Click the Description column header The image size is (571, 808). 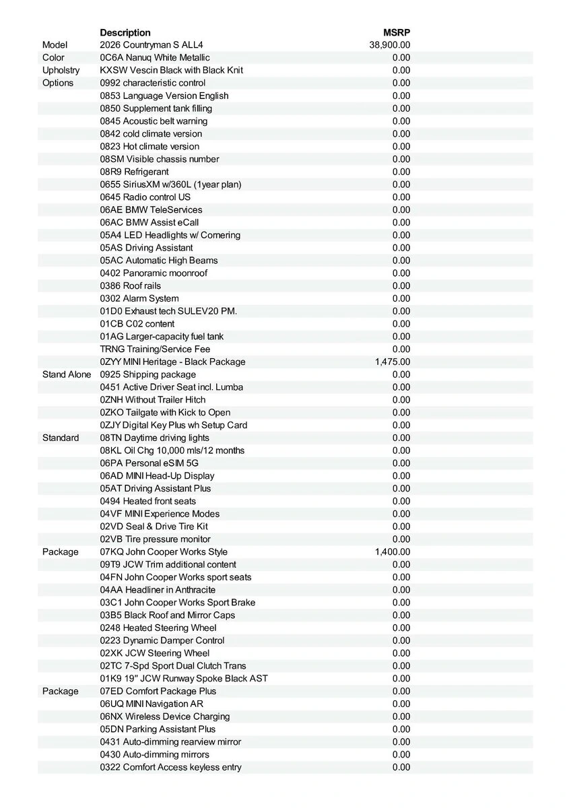(125, 32)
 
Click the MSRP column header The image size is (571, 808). (397, 32)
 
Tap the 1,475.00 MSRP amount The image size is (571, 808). (393, 362)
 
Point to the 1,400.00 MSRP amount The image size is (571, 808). (393, 552)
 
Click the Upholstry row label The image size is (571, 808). (61, 70)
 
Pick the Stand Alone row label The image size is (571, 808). (67, 374)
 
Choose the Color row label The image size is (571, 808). (53, 58)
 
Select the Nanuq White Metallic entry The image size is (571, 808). (155, 58)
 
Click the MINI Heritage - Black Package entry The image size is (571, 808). (172, 362)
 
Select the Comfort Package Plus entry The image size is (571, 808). (158, 692)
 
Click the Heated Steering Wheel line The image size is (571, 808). (158, 628)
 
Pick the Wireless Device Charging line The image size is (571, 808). (165, 716)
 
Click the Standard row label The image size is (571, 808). (61, 438)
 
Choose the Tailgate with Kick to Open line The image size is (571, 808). (165, 412)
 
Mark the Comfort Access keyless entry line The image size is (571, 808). (171, 767)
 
